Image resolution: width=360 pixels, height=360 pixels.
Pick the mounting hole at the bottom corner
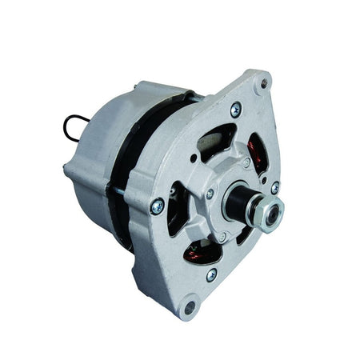190,305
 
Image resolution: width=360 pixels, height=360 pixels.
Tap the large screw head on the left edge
156,206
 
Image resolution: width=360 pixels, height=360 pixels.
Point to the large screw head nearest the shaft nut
275,186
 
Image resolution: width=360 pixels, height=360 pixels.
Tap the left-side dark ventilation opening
178,210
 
